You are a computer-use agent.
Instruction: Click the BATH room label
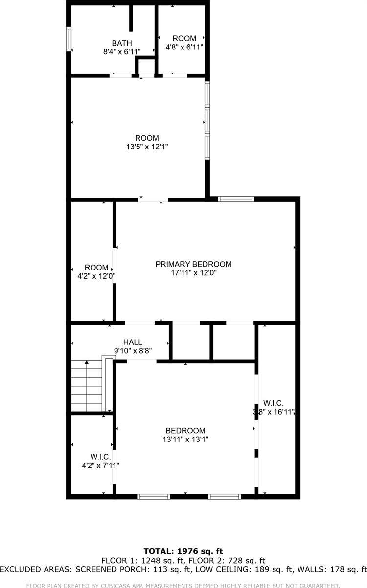pos(121,43)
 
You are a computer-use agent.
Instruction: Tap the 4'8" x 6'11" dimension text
pos(184,47)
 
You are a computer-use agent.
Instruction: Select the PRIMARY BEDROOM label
pos(193,264)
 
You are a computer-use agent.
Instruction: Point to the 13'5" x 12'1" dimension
pos(147,147)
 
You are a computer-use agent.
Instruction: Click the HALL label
pos(133,342)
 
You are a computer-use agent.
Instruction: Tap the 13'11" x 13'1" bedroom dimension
pos(185,440)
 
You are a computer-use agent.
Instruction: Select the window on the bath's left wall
pos(69,39)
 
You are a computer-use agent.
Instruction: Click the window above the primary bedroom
pos(236,199)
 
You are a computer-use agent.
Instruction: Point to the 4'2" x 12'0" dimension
pos(96,275)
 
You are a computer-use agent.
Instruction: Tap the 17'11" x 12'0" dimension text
pos(193,273)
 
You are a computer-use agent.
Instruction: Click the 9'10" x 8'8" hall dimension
pos(133,351)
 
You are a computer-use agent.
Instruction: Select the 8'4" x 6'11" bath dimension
pos(121,51)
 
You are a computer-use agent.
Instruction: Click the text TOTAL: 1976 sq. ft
pos(183,551)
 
